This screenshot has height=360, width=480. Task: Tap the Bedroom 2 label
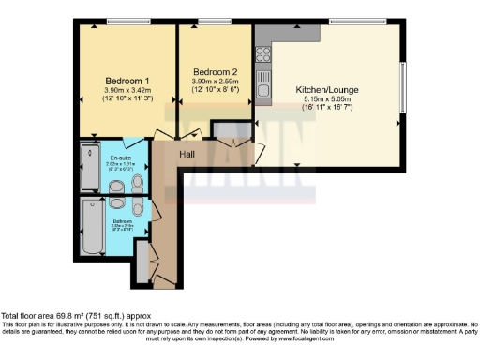click(215, 72)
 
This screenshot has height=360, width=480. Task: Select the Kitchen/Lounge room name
click(324, 89)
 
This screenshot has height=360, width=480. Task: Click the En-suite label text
click(120, 157)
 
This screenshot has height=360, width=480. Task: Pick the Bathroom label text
click(123, 221)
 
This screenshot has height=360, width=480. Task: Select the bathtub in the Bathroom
click(93, 226)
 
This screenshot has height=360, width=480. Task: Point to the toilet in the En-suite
click(138, 181)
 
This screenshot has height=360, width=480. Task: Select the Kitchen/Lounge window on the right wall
click(404, 94)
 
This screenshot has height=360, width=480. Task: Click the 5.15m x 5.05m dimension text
click(323, 99)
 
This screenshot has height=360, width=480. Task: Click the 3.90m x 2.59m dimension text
click(215, 82)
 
